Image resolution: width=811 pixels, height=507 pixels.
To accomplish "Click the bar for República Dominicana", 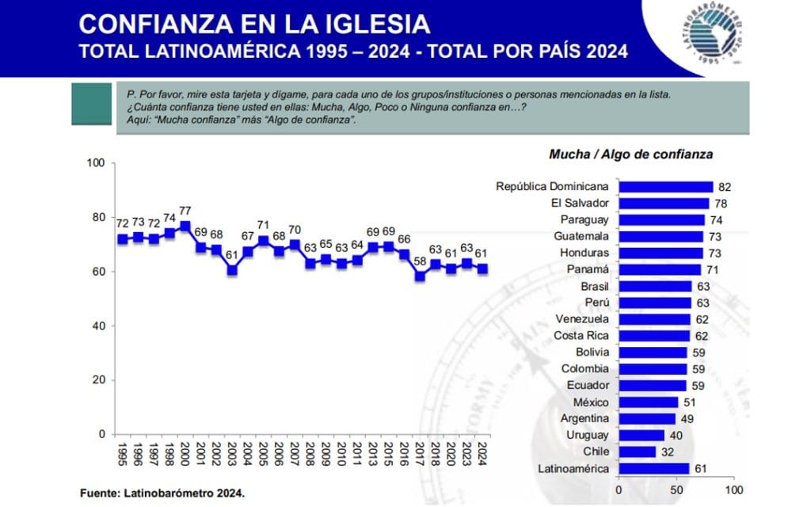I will click(665, 187).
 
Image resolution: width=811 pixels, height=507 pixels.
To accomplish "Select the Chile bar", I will click(637, 452).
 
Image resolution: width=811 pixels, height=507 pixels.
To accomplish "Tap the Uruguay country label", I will click(587, 436).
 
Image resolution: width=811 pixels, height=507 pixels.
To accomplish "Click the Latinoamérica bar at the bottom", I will click(653, 469).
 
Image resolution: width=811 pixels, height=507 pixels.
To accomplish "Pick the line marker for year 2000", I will click(185, 226).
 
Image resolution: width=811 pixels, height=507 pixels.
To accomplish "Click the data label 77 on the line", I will click(185, 211).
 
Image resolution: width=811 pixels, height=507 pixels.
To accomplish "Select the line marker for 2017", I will click(420, 276).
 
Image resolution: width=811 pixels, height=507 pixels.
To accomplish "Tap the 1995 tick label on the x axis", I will click(121, 454).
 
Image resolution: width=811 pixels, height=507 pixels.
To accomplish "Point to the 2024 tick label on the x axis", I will click(482, 454).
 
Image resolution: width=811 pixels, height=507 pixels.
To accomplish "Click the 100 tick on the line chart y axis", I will click(96, 163).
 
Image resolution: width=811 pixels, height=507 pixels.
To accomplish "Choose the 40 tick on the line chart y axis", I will click(99, 326).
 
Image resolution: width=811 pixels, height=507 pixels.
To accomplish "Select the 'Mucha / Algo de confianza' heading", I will click(620, 154).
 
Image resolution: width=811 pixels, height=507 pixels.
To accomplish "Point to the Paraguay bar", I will click(661, 220).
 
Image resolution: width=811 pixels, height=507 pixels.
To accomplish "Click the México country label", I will click(590, 402).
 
